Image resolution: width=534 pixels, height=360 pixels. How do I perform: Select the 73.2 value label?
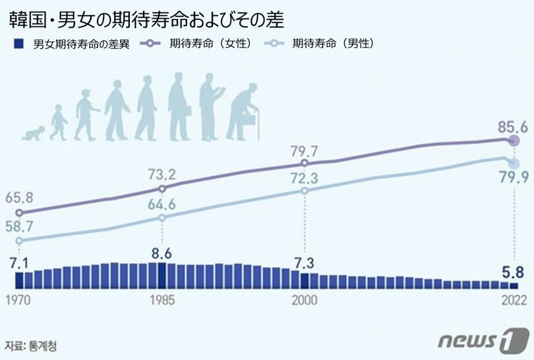[x=162, y=174]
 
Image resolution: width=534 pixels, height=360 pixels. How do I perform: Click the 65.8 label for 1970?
[x=19, y=197]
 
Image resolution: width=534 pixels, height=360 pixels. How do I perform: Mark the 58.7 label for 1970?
[x=19, y=226]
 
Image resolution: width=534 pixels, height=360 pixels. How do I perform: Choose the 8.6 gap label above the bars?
[x=160, y=252]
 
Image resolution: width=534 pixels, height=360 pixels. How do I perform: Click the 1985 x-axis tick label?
[x=162, y=299]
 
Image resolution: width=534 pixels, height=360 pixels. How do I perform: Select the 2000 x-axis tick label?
[x=304, y=299]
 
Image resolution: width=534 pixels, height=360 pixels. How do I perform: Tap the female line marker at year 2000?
[x=304, y=163]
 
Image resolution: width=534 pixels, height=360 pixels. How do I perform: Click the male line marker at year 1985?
[x=162, y=217]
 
